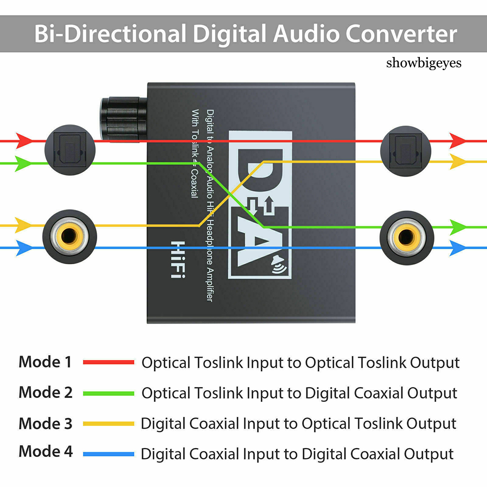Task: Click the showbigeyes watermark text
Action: click(x=423, y=63)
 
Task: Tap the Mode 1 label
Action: click(x=45, y=362)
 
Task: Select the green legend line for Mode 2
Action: click(x=108, y=393)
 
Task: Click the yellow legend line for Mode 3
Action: click(x=108, y=424)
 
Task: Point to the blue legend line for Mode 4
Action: click(x=108, y=454)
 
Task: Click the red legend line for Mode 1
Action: click(x=108, y=362)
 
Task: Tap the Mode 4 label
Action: click(x=45, y=451)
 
